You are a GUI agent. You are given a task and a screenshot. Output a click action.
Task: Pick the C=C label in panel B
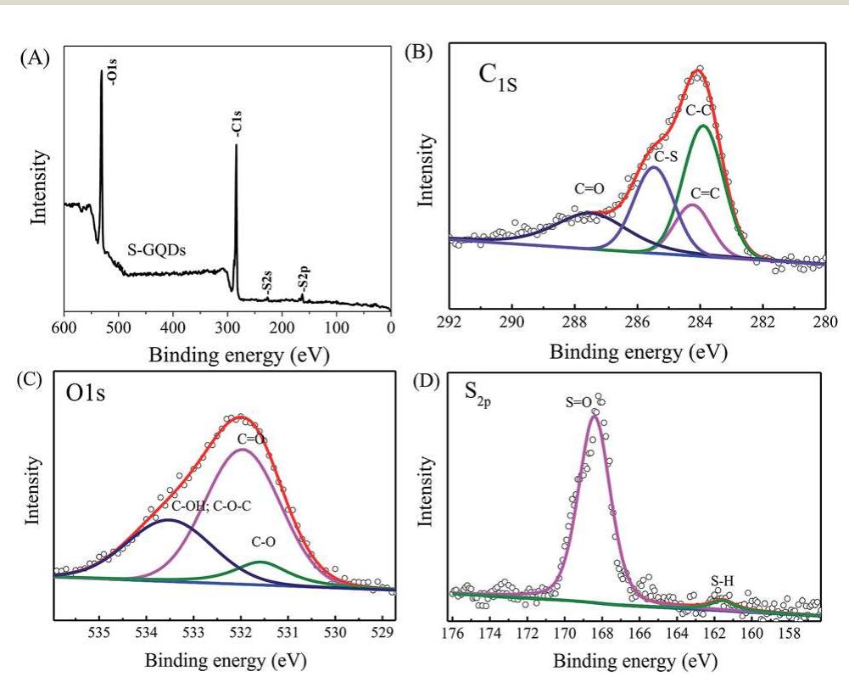[706, 193]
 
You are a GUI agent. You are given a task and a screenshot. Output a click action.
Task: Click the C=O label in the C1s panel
[588, 189]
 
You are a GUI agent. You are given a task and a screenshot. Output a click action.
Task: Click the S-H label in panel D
[722, 582]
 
